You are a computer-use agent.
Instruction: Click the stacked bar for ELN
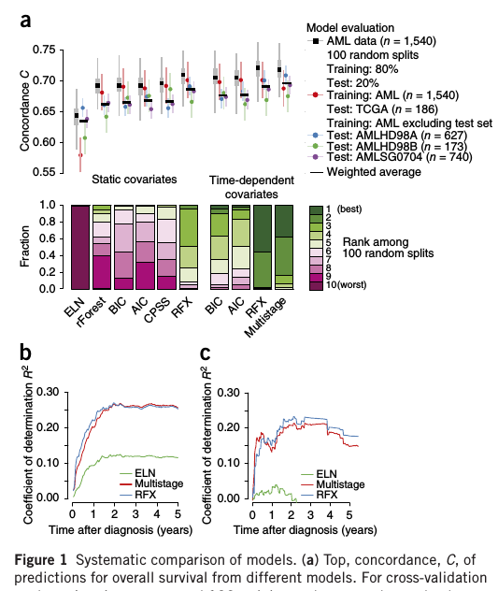click(x=81, y=246)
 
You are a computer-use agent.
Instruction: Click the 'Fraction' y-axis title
click(x=26, y=247)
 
